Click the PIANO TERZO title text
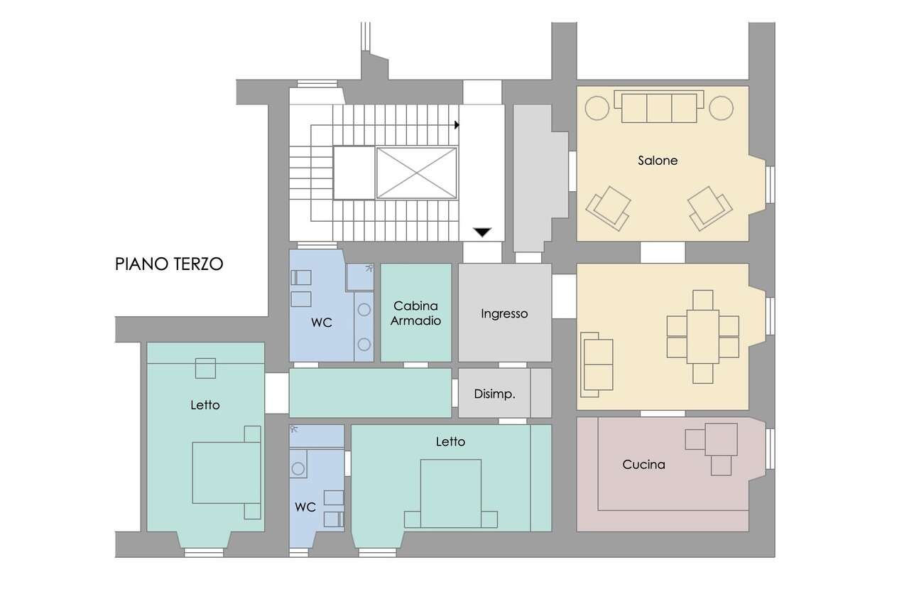[169, 264]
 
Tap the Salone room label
[658, 161]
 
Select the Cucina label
[643, 464]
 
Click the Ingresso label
[504, 314]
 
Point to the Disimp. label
[495, 394]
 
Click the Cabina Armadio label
[415, 313]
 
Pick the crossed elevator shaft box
[417, 173]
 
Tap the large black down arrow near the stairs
[482, 232]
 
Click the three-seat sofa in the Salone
[659, 107]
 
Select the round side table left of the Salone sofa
[597, 108]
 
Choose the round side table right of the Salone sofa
[721, 108]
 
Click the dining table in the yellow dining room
[703, 337]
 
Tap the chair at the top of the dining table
[703, 300]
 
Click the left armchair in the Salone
[608, 209]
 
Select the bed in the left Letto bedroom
[227, 473]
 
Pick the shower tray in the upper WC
[360, 277]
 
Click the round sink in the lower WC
[298, 469]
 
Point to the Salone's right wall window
[770, 185]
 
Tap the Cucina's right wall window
[770, 449]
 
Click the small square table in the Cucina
[721, 440]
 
